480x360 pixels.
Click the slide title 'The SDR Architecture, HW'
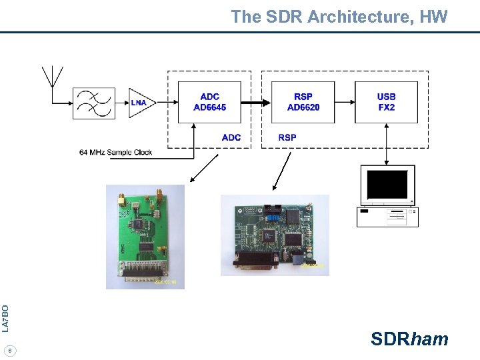coord(339,17)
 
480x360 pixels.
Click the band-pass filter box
coord(93,102)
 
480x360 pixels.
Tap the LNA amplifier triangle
coord(141,102)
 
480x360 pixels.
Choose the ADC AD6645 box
coord(209,102)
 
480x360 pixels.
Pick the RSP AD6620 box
coord(303,102)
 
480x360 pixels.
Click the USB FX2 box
coord(386,102)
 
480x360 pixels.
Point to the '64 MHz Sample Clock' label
coord(115,152)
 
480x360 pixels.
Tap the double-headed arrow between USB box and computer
coord(387,144)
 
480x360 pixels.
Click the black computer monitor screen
coord(387,184)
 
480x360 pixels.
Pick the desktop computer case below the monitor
coord(387,217)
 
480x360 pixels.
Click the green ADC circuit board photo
coord(145,237)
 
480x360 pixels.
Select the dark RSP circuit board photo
coord(275,235)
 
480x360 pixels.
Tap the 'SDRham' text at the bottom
coord(409,339)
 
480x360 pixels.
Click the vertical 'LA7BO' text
coord(5,318)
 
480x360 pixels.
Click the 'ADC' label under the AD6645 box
coord(231,137)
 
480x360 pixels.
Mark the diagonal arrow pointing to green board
coord(205,167)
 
